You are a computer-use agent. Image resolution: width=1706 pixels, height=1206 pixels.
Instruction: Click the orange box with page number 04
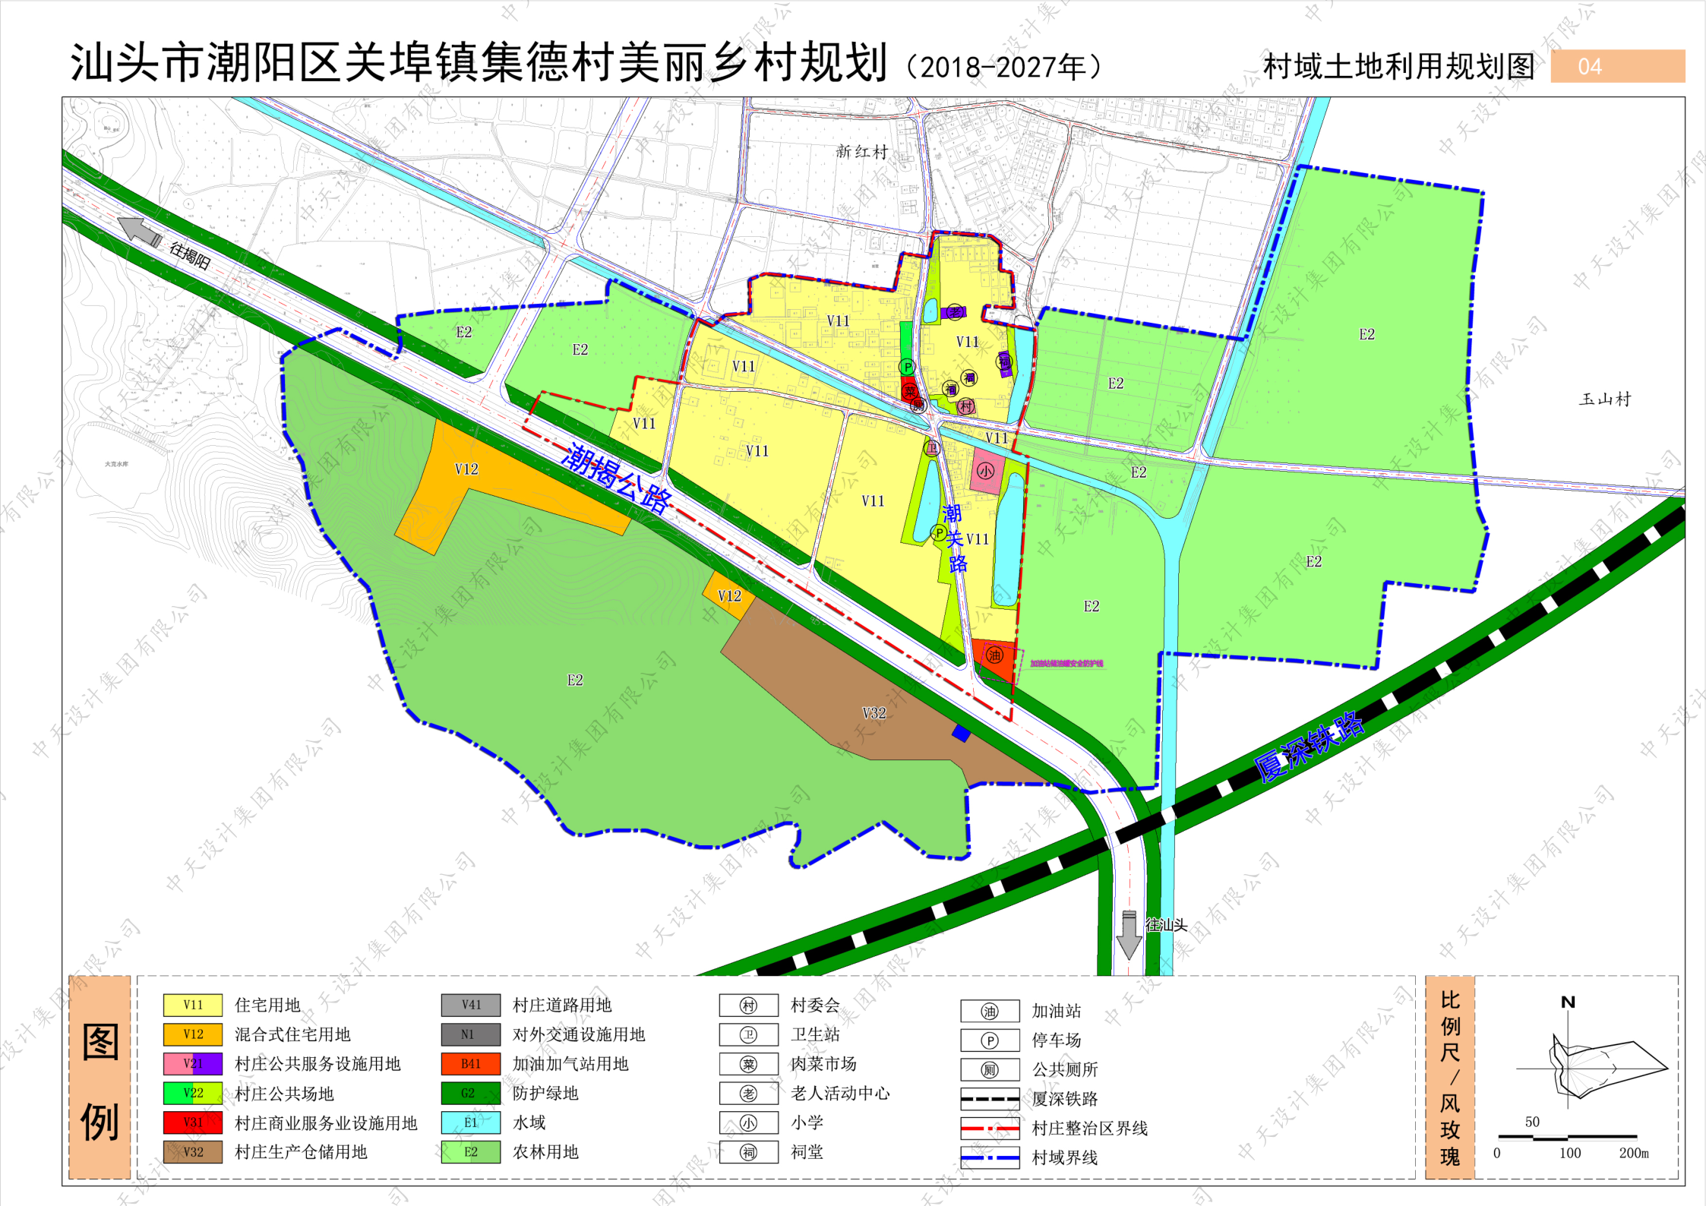1617,66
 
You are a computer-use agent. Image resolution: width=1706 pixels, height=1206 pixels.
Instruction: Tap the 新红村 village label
861,152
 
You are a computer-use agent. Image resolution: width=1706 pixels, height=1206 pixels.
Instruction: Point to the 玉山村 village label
1604,399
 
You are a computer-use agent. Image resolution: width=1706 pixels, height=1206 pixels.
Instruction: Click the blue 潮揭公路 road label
617,478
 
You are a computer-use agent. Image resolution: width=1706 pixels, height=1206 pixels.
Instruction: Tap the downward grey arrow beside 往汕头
1129,936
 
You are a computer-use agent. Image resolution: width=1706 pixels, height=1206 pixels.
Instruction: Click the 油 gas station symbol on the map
994,655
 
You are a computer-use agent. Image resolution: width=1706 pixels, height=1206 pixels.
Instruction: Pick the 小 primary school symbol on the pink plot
985,471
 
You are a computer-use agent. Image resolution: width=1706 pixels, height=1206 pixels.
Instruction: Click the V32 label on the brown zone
874,713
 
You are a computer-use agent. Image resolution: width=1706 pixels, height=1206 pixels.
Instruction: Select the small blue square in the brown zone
961,734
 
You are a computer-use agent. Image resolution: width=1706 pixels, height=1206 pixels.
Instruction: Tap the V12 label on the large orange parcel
466,469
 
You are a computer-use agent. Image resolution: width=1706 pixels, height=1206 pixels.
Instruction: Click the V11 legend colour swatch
193,1005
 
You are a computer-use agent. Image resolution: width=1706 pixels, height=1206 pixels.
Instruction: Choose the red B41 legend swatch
470,1063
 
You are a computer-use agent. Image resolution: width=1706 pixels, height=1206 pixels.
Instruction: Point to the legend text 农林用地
545,1152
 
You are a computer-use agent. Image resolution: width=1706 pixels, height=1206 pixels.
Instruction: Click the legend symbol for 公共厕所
990,1070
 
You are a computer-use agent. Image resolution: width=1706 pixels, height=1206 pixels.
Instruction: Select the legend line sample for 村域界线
990,1158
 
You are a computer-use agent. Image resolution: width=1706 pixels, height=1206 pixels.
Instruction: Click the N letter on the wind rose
1568,1002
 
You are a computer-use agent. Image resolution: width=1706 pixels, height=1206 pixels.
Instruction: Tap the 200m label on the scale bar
1633,1153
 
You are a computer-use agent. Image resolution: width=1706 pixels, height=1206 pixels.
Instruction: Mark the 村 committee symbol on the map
965,406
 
